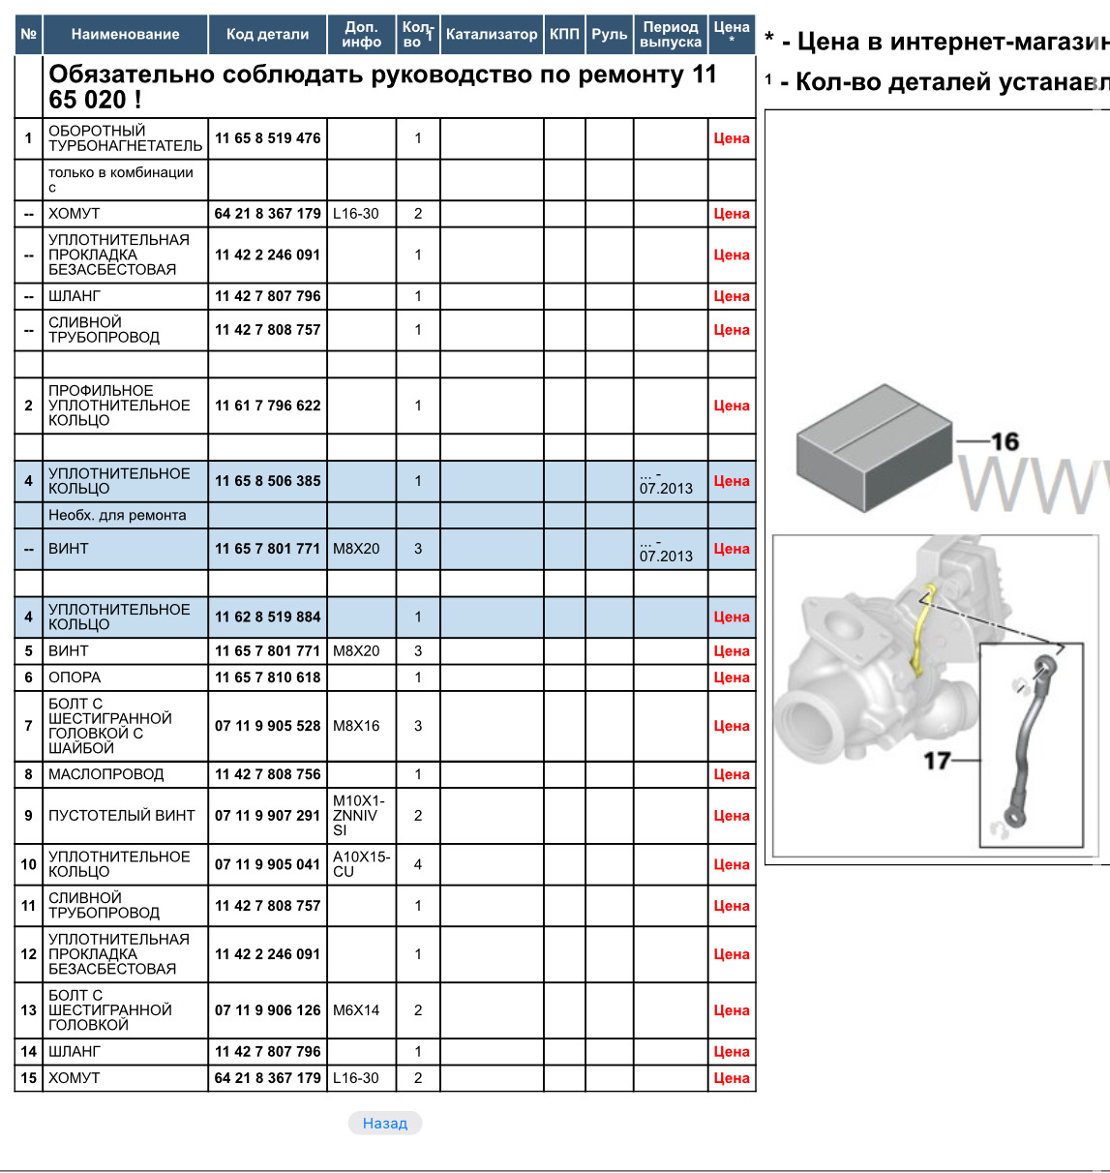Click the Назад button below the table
[x=385, y=1123]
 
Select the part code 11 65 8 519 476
[x=268, y=138]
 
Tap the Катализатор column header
[x=492, y=34]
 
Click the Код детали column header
[x=267, y=34]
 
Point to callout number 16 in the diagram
[x=1005, y=441]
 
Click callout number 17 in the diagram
[x=937, y=761]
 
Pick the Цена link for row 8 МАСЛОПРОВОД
[x=732, y=774]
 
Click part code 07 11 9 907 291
[x=268, y=816]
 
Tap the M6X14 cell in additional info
[x=356, y=1010]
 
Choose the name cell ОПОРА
[x=75, y=677]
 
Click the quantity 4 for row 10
[x=418, y=864]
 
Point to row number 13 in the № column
[x=29, y=1010]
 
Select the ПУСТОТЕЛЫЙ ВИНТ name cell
[x=122, y=816]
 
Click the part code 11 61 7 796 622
[x=268, y=406]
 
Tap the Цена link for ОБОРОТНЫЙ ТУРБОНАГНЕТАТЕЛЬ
[x=732, y=138]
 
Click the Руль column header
[x=610, y=34]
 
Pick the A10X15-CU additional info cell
[x=361, y=864]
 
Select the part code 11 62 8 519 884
[x=268, y=617]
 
